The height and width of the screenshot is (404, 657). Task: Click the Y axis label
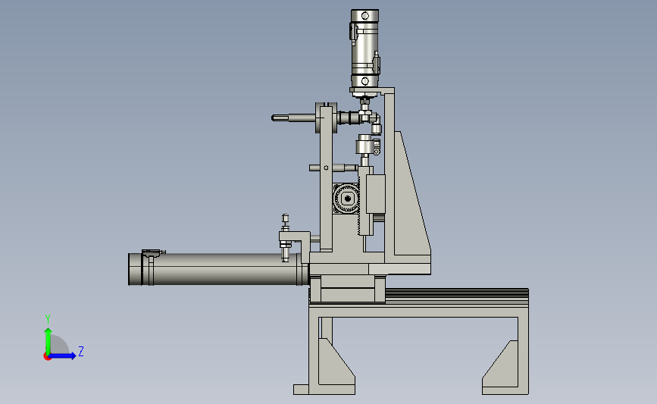click(48, 319)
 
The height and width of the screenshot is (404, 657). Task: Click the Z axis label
click(81, 351)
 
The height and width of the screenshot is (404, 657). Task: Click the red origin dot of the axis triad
click(47, 357)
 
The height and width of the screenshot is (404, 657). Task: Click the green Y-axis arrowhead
click(48, 332)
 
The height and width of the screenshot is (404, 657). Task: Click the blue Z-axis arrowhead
click(72, 355)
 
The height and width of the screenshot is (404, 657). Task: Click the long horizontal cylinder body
click(218, 269)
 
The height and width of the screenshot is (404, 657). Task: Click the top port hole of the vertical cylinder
click(365, 16)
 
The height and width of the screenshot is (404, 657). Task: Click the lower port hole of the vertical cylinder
click(365, 81)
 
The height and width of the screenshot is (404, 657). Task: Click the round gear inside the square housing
click(347, 199)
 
